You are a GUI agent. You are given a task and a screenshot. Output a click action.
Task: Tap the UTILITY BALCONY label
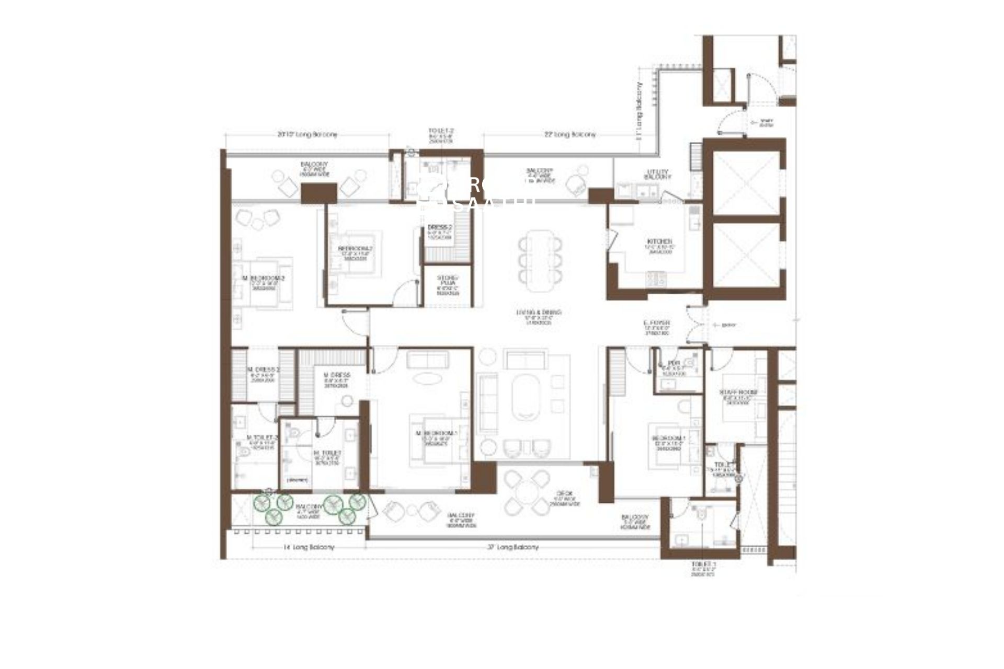click(x=658, y=175)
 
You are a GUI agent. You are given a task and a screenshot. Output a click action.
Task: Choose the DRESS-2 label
click(x=439, y=228)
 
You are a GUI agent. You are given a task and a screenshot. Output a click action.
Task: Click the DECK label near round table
click(x=564, y=493)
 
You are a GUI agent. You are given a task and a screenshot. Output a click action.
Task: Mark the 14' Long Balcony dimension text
click(x=309, y=547)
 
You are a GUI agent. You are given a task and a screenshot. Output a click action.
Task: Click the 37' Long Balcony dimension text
click(x=512, y=547)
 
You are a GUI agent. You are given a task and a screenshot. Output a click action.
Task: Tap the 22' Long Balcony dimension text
click(x=569, y=135)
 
